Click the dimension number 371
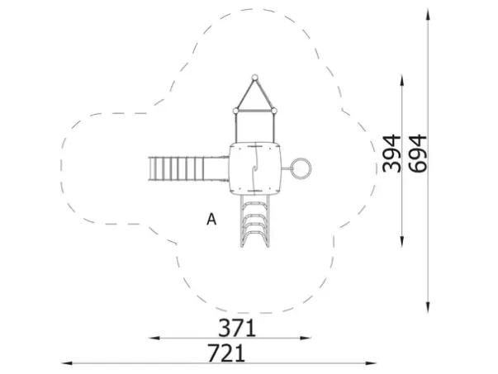(237, 328)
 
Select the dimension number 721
(226, 353)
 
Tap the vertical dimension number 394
(391, 154)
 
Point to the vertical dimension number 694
(417, 154)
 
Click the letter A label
(211, 219)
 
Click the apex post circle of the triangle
(254, 77)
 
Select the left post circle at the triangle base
(235, 111)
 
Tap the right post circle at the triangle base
(273, 111)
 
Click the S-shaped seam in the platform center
(255, 168)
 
